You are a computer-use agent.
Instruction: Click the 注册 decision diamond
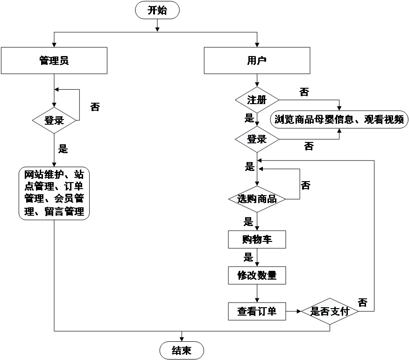[257, 100]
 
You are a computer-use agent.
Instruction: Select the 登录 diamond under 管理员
[54, 120]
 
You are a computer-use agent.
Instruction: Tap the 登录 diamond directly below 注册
[257, 139]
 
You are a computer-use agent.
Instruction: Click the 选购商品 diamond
[257, 199]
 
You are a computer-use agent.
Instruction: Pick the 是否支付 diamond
[330, 311]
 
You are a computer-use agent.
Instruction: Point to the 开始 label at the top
[156, 10]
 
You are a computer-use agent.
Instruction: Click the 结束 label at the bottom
[181, 350]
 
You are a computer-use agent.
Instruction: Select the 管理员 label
[54, 60]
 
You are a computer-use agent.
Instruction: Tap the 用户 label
[257, 60]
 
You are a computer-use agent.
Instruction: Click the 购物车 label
[257, 240]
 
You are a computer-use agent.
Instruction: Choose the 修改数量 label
[257, 275]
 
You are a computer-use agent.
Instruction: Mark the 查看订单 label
[257, 311]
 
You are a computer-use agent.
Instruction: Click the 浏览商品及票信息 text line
[339, 120]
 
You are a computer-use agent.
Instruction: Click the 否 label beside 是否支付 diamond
[363, 302]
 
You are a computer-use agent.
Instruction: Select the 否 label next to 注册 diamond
[304, 92]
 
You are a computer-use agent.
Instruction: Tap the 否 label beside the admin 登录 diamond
[95, 108]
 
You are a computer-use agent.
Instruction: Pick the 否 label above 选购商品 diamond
[305, 186]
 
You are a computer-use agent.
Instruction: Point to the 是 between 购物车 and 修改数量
[248, 257]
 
